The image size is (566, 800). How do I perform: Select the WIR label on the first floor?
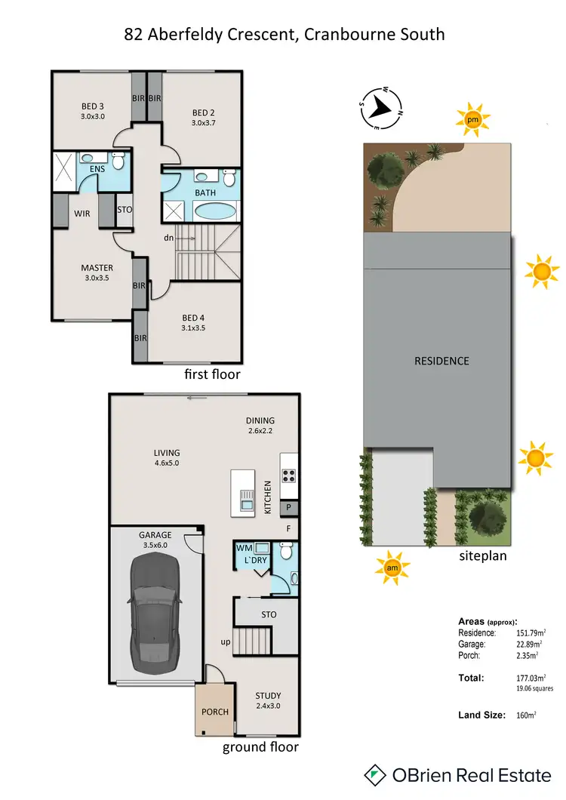coord(82,214)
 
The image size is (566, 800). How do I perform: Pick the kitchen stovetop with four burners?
coord(289,475)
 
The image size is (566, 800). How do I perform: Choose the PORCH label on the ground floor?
coord(215,712)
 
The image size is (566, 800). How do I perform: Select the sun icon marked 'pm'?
coord(472,119)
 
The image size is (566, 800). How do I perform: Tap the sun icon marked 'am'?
coord(392,567)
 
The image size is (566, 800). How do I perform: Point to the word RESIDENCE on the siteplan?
coord(441,361)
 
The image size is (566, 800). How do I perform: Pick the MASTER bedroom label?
coord(97,268)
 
